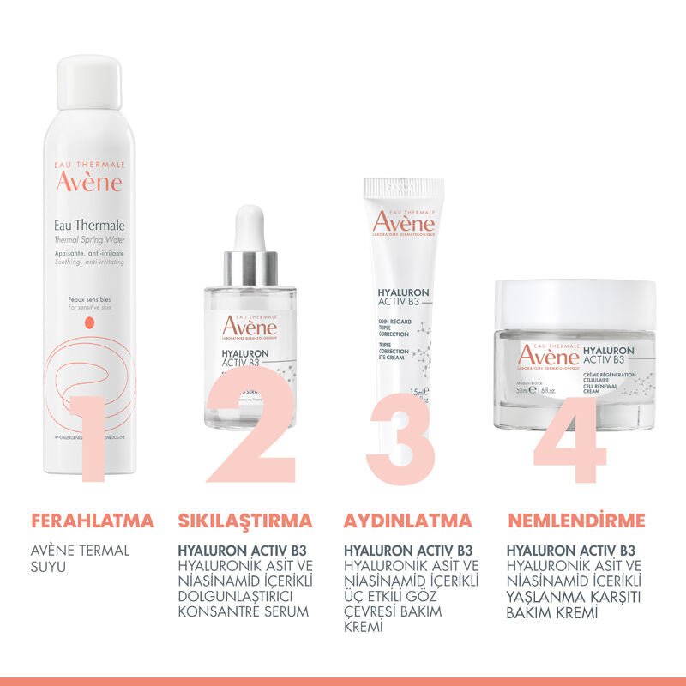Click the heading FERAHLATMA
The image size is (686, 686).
[x=92, y=521]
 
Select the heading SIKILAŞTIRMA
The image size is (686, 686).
[x=244, y=521]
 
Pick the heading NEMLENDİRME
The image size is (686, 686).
[x=575, y=521]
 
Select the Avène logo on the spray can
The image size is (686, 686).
[x=90, y=181]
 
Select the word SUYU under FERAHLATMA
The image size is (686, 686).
[x=49, y=567]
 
